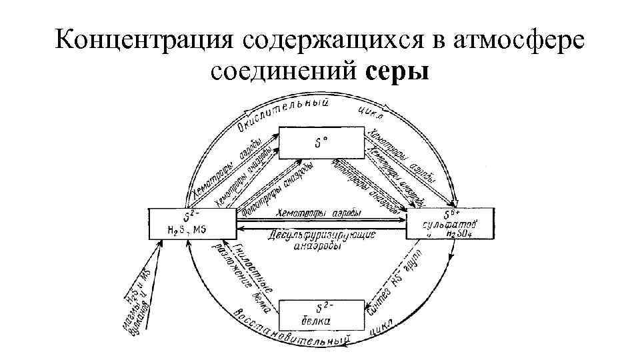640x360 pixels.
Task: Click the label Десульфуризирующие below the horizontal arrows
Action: (323, 235)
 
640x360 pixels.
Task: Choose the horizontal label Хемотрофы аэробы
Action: (317, 213)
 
